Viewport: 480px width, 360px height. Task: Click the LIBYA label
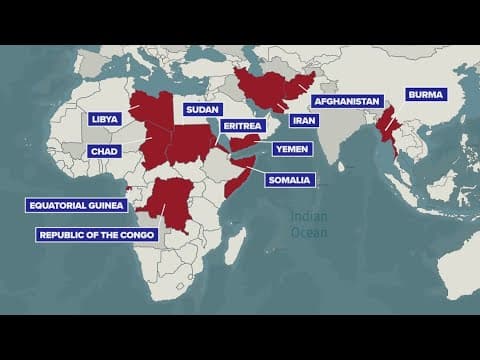tap(104, 118)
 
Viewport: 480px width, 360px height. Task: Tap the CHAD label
tap(104, 151)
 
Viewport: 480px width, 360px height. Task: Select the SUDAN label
tap(202, 109)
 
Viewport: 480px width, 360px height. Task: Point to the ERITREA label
tap(242, 126)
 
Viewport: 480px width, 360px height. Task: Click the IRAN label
tap(303, 120)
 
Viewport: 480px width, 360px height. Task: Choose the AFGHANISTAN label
tap(347, 102)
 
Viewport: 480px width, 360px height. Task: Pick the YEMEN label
tap(292, 149)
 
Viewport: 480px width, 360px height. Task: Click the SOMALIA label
tap(290, 180)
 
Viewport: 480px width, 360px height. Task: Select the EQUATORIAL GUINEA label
tap(77, 205)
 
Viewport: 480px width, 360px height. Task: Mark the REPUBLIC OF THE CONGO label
tap(96, 235)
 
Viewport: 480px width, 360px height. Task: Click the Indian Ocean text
tap(309, 224)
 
